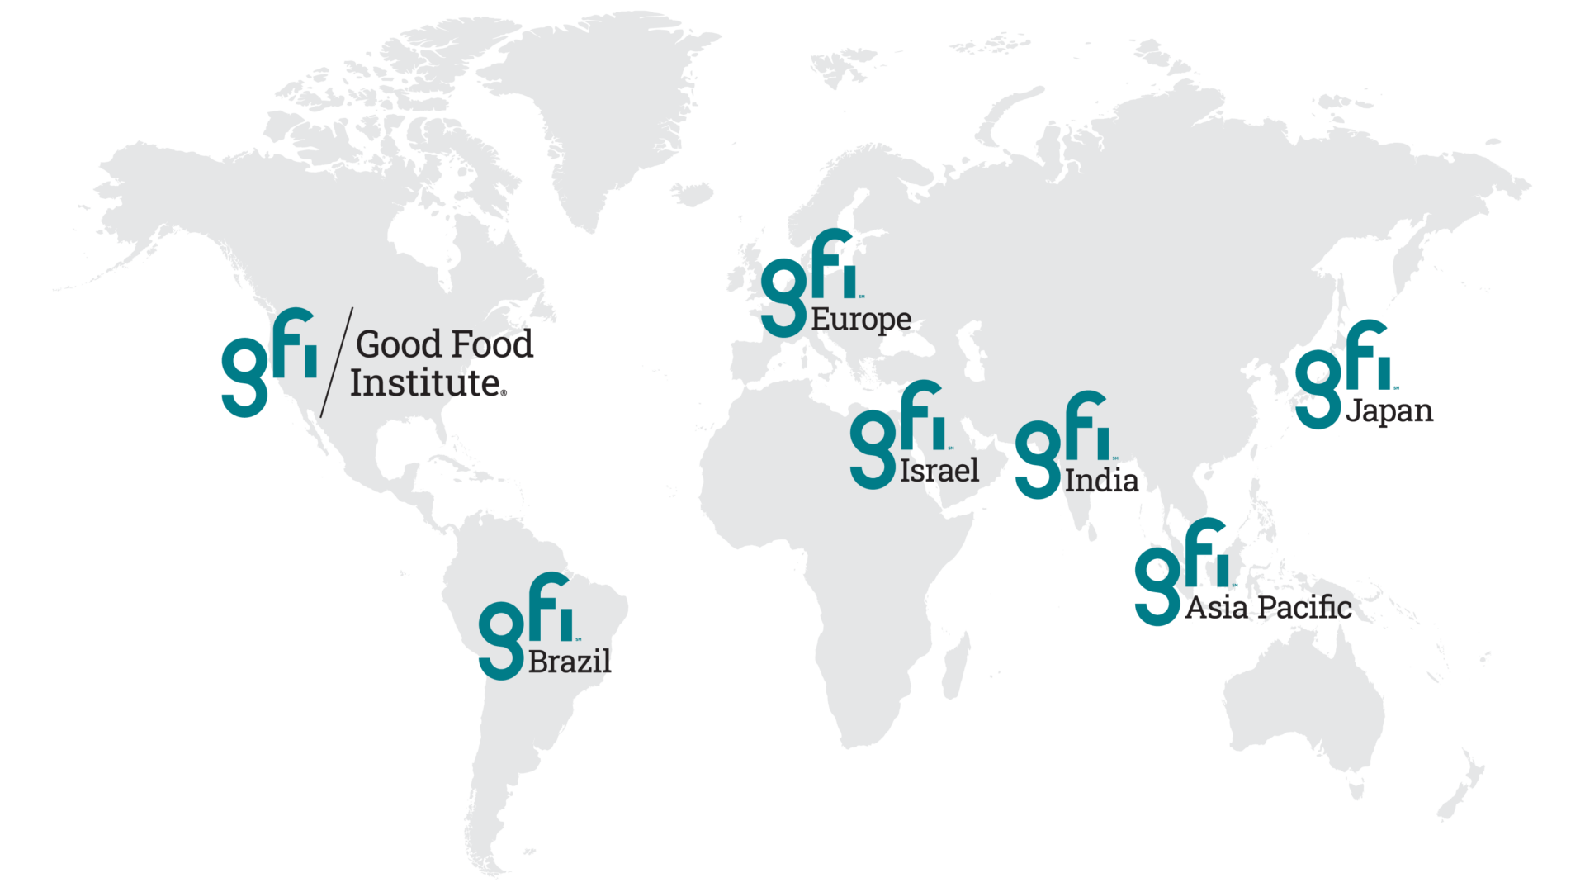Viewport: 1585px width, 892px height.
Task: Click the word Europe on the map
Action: pos(861,319)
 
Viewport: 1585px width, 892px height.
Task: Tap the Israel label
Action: pos(939,471)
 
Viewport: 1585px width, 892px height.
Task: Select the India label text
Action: pos(1101,480)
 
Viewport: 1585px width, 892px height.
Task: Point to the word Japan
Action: pos(1389,410)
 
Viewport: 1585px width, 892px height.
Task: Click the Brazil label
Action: pos(570,662)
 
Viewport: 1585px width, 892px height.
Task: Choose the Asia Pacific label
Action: pos(1268,607)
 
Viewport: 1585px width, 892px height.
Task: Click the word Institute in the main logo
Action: pos(428,383)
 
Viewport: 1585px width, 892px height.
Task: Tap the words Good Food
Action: pos(444,344)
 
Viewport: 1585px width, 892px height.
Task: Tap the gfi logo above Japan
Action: pos(1343,374)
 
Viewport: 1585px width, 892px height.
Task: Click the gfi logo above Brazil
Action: pos(526,625)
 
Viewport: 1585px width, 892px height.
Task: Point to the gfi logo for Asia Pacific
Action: pos(1181,572)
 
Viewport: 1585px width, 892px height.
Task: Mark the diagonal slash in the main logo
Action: pos(336,362)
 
